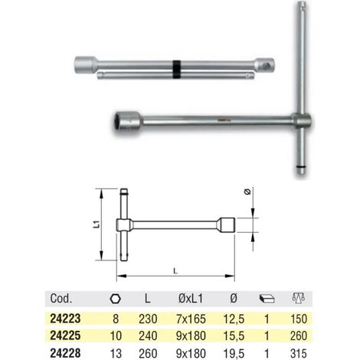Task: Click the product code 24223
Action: pos(65,319)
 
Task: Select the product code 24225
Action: pos(65,335)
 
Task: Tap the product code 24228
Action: pos(65,353)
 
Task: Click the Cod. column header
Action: pos(61,298)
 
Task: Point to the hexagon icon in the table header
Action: pos(115,299)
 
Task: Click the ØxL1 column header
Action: pos(191,298)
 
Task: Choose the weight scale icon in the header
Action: pos(299,298)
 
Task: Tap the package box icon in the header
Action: pos(267,299)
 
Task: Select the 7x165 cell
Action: pos(191,319)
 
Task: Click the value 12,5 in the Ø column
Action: pos(234,319)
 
